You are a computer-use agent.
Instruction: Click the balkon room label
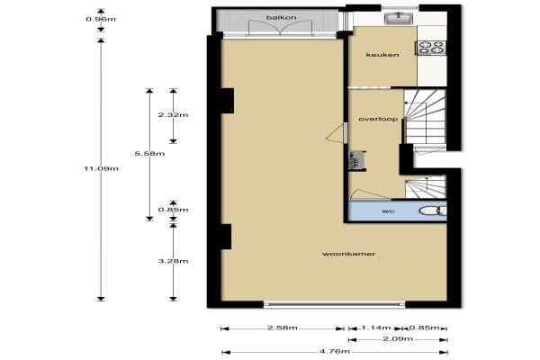281,17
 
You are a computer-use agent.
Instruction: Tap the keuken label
382,55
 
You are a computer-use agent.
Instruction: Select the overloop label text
378,119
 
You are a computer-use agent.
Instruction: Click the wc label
388,211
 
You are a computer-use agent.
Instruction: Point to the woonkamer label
349,254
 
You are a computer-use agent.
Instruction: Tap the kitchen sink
400,18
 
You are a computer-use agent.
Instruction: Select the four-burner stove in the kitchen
432,48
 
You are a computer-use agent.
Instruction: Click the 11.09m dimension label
101,168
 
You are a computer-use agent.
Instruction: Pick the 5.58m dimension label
149,153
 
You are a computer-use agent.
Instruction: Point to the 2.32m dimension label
173,114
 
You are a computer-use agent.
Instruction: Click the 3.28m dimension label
173,261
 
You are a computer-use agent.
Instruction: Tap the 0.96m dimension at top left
101,19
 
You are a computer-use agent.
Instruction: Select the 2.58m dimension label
283,328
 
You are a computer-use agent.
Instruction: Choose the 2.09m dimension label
398,339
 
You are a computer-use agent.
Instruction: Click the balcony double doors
281,28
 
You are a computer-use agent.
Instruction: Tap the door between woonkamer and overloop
336,132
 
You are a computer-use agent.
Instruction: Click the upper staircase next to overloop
425,116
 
